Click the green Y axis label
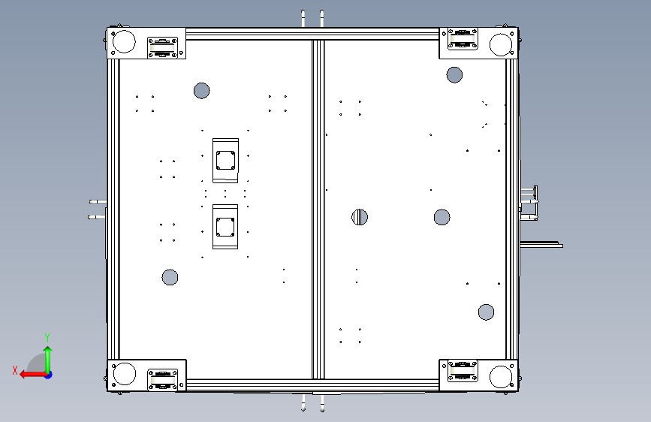[47, 338]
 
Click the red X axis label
[15, 370]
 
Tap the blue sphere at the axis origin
[49, 375]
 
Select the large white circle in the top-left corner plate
[124, 41]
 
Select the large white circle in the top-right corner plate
[501, 44]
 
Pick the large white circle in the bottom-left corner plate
[125, 374]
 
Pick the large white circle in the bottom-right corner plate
[501, 377]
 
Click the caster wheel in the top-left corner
[163, 48]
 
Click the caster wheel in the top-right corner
[463, 39]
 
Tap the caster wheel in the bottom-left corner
[163, 380]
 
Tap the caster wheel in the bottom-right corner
[463, 370]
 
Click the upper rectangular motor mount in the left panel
[225, 161]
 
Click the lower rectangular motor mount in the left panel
[225, 227]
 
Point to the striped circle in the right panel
[360, 217]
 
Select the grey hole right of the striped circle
[442, 217]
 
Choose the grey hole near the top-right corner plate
[454, 75]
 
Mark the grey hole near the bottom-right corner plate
[486, 312]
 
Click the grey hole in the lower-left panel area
[170, 278]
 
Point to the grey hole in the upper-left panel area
[202, 91]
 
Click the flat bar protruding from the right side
[541, 245]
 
